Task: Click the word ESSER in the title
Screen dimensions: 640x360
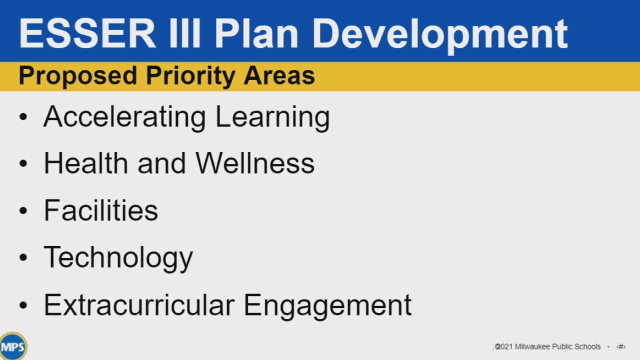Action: click(87, 33)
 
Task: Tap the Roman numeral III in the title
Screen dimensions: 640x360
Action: click(184, 33)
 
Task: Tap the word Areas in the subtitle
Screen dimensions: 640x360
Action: click(279, 75)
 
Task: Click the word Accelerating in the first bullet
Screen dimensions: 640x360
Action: click(124, 117)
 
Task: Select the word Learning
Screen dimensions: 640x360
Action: click(272, 117)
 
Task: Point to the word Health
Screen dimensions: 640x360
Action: click(85, 163)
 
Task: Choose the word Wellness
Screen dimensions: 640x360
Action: click(255, 163)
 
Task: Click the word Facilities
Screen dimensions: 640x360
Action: click(101, 210)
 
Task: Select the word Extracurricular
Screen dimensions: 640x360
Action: click(139, 304)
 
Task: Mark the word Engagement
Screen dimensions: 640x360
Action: click(327, 306)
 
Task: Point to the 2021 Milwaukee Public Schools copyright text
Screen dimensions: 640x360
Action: click(547, 346)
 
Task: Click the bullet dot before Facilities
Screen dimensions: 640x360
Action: click(23, 210)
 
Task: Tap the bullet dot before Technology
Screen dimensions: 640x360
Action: click(23, 257)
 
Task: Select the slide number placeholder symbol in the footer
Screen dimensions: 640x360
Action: click(621, 347)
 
